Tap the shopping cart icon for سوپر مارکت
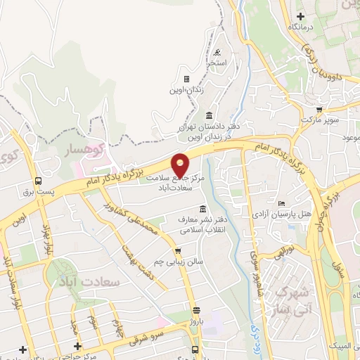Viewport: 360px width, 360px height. point(319,110)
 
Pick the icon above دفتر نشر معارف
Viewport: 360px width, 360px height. point(203,209)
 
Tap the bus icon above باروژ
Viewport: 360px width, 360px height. point(195,309)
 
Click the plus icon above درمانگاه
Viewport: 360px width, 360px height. point(301,15)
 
